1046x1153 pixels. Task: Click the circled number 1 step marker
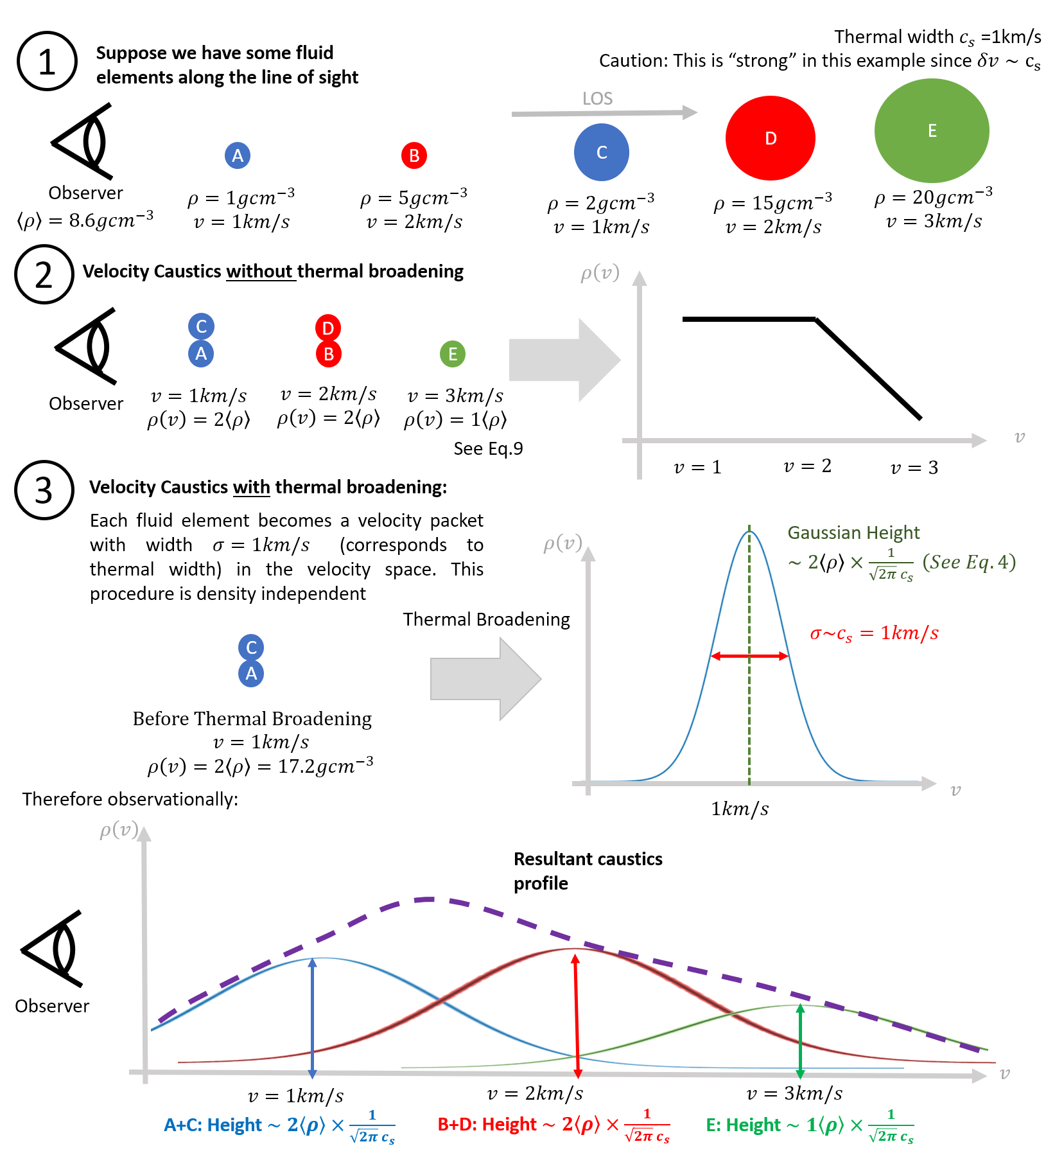point(47,62)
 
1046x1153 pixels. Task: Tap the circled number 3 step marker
point(44,490)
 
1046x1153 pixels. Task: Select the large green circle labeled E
point(932,131)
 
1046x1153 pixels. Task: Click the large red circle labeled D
point(770,138)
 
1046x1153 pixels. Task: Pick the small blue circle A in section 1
point(238,155)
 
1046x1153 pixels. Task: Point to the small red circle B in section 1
point(414,155)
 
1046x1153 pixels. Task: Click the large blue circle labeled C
point(602,152)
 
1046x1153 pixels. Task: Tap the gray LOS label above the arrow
point(597,99)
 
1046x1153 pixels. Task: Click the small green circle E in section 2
point(453,354)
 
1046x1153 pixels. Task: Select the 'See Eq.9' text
point(488,448)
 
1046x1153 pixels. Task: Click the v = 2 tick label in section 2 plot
point(807,466)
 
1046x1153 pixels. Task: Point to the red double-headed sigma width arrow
point(749,656)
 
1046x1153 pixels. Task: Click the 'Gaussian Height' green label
point(853,532)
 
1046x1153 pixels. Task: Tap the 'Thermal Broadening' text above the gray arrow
point(486,619)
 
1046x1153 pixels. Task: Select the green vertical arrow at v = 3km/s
point(800,1041)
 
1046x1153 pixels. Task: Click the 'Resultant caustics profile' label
point(588,870)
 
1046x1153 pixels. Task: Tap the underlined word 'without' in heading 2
point(259,272)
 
